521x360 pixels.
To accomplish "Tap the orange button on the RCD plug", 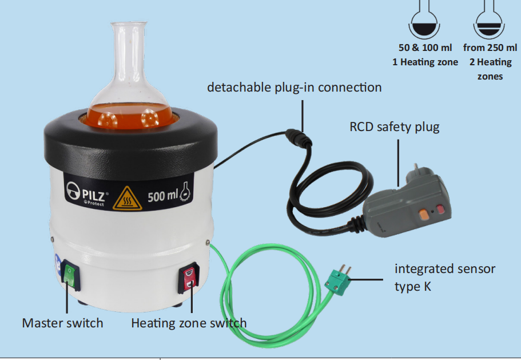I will click(423, 214).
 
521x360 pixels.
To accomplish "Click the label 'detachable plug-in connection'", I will click(294, 88).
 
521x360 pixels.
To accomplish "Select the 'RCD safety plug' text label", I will click(394, 126).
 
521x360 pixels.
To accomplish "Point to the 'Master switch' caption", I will click(62, 323).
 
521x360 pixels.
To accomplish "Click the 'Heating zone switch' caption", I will click(189, 323).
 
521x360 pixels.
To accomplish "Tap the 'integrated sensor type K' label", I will click(444, 277).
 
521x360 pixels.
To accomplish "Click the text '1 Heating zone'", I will click(425, 62).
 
